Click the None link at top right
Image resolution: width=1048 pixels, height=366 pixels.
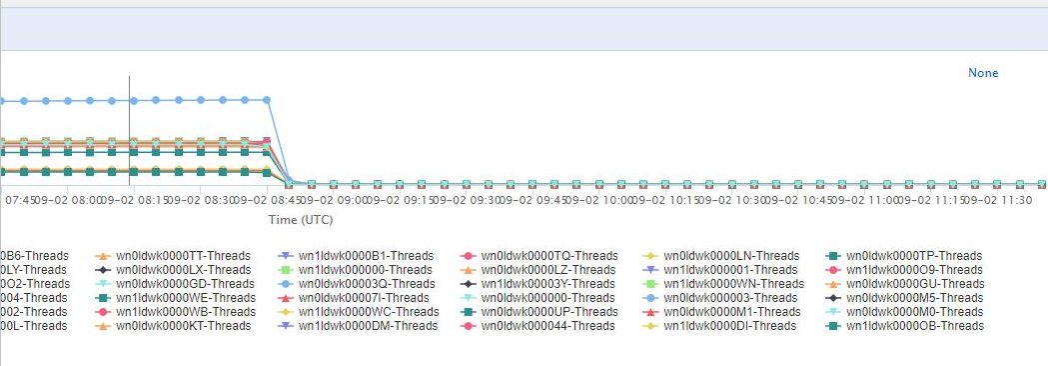[982, 73]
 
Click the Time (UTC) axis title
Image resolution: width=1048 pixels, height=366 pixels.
[300, 219]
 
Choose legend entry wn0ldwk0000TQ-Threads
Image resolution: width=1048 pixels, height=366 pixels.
[548, 256]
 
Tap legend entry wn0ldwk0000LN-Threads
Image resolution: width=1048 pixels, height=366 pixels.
[731, 256]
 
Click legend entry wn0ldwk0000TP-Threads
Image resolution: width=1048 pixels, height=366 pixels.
[914, 256]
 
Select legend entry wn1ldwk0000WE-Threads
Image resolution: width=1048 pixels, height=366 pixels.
[183, 298]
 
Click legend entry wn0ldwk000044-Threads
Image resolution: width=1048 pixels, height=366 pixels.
[546, 326]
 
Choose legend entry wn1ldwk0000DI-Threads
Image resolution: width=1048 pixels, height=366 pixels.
[730, 326]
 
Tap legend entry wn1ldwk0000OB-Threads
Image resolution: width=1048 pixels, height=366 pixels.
[914, 326]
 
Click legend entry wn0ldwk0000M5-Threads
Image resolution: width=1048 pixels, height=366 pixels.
[914, 298]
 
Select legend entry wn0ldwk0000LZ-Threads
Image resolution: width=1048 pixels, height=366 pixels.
[547, 270]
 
